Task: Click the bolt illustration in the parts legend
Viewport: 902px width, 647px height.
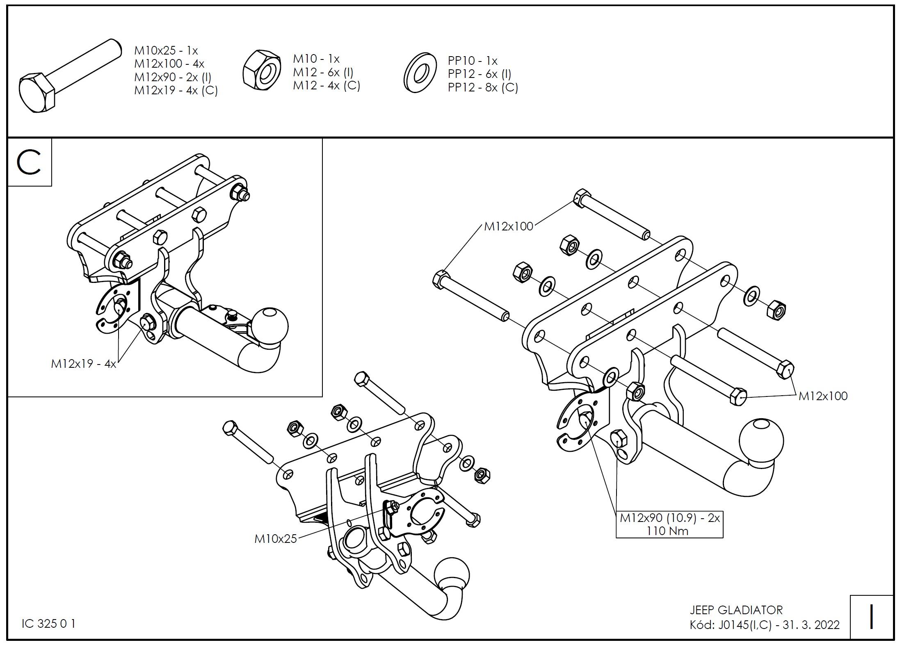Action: click(70, 76)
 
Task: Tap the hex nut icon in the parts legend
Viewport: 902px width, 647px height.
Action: click(262, 69)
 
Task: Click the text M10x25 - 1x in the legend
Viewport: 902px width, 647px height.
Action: click(166, 51)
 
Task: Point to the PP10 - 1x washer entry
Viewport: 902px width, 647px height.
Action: click(473, 61)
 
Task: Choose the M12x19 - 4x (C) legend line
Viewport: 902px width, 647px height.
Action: click(176, 91)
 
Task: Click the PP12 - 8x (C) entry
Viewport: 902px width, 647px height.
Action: click(483, 88)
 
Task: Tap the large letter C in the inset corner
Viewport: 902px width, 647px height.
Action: click(29, 163)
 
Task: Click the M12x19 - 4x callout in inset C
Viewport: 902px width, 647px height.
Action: click(84, 364)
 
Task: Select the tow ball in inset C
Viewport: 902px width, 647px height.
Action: click(269, 326)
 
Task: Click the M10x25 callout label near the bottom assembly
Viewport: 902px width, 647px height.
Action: click(275, 538)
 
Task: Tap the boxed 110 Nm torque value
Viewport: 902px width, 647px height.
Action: click(668, 531)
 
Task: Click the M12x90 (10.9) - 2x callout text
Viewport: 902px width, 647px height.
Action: click(670, 518)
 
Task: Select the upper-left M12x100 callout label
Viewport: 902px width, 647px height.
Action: click(509, 226)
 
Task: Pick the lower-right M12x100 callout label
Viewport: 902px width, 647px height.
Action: click(823, 396)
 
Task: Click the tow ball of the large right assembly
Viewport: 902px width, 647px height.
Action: click(761, 441)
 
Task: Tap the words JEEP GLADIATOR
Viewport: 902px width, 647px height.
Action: click(736, 610)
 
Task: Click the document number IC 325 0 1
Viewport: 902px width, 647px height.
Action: click(48, 624)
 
